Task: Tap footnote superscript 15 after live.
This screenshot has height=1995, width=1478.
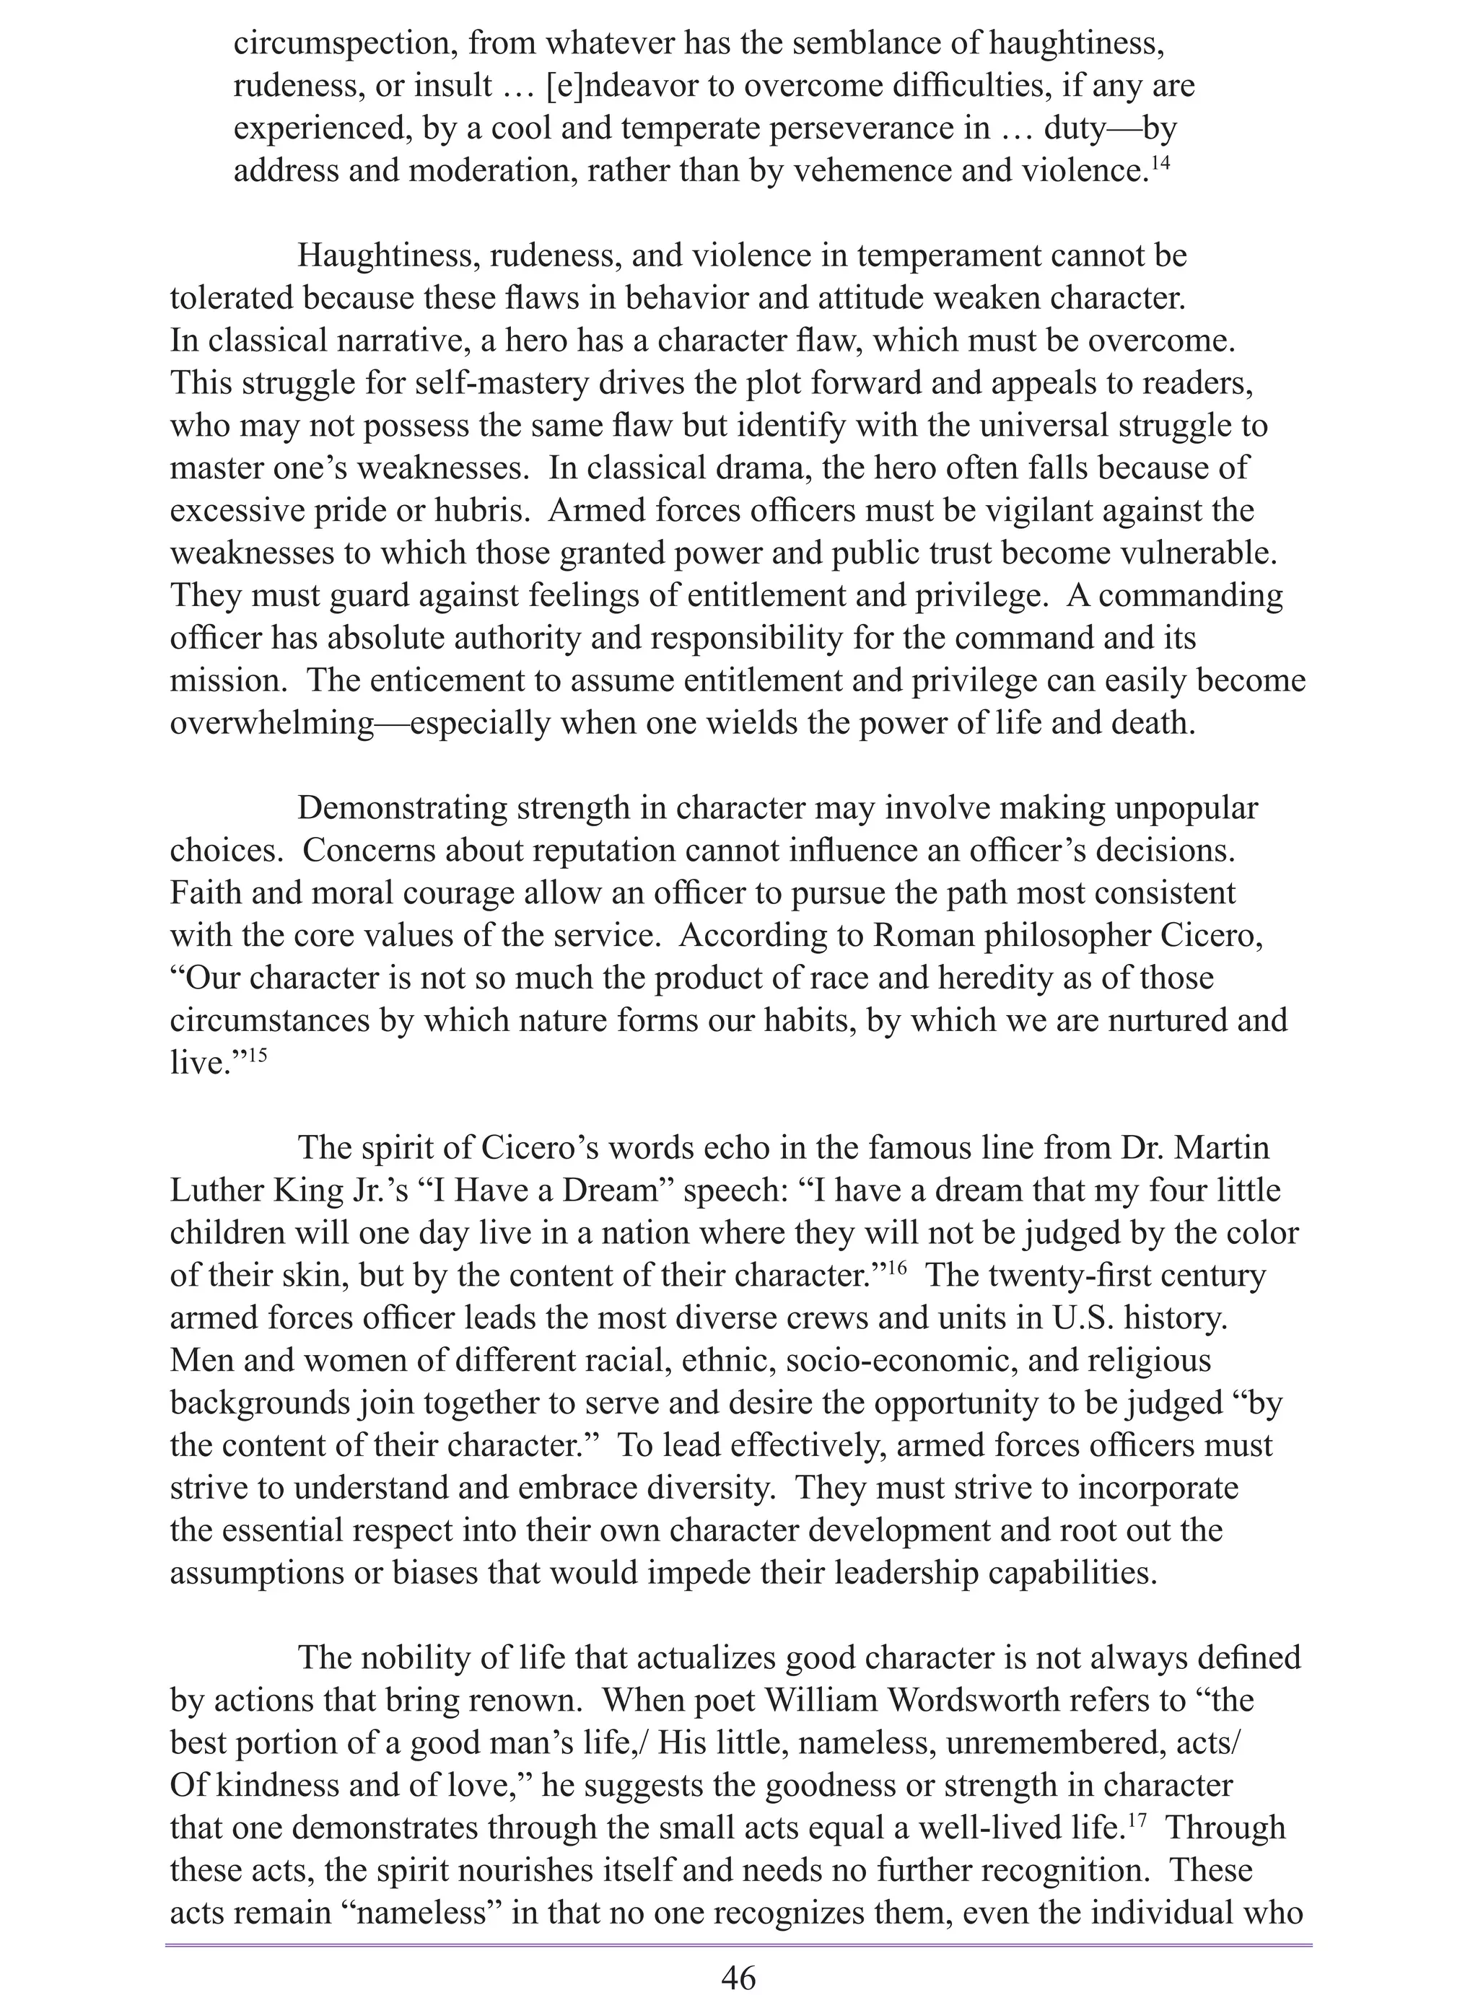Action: click(x=257, y=1054)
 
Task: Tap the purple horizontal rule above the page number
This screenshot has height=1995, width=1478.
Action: click(x=738, y=1944)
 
